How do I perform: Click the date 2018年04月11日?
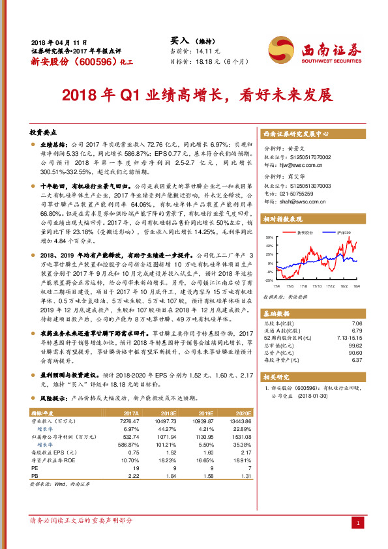[x=59, y=41]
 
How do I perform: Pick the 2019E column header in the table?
[x=207, y=413]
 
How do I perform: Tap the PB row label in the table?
[x=36, y=477]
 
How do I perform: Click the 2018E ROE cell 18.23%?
[x=170, y=461]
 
